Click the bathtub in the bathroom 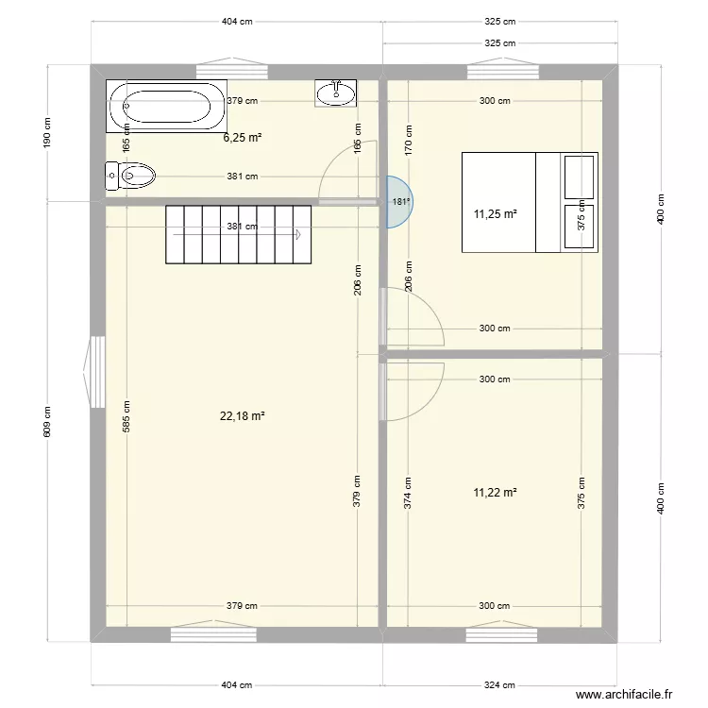click(167, 106)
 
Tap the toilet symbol click(131, 176)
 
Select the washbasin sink click(336, 93)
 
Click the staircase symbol click(239, 235)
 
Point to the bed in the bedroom click(529, 202)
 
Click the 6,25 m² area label click(242, 137)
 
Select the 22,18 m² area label click(242, 415)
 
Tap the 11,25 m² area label click(496, 214)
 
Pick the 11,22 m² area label click(496, 492)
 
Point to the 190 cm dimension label click(47, 132)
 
